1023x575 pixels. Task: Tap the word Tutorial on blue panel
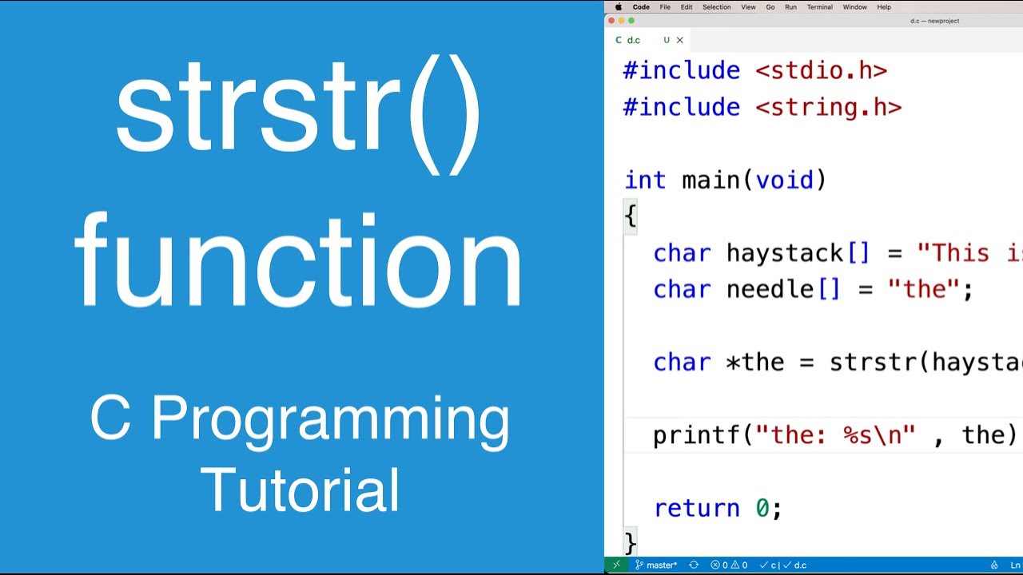(x=300, y=489)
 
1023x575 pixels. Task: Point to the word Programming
(x=300, y=418)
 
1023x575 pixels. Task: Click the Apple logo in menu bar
(x=618, y=7)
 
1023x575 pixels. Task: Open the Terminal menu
(x=819, y=7)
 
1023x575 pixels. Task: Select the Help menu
(x=884, y=7)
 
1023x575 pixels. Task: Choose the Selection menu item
(x=716, y=7)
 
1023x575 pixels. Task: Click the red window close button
(x=612, y=21)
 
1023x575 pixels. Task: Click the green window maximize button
(x=631, y=21)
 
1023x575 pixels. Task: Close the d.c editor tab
(x=680, y=40)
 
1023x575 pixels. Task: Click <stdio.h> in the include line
(x=821, y=70)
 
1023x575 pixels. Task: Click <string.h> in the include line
(x=828, y=107)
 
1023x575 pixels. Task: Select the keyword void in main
(x=785, y=180)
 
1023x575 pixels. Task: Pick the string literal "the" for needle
(x=923, y=289)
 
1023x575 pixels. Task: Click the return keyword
(x=696, y=508)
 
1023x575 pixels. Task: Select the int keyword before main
(x=644, y=180)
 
